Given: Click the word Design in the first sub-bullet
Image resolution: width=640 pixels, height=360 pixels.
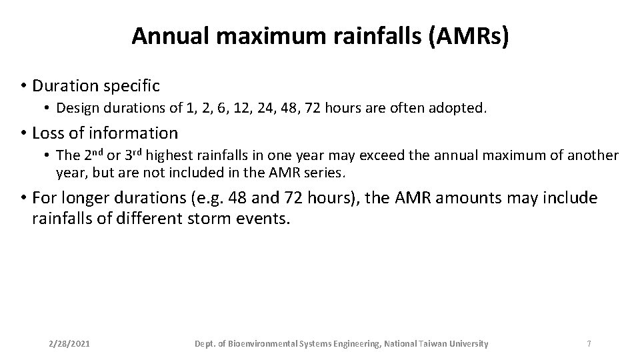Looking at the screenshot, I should [x=75, y=107].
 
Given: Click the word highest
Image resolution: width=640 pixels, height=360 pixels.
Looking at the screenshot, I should [x=167, y=155].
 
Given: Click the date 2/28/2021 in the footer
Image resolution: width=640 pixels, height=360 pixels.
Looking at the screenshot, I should [x=70, y=344].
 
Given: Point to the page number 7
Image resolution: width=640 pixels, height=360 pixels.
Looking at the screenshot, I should [x=589, y=344].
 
